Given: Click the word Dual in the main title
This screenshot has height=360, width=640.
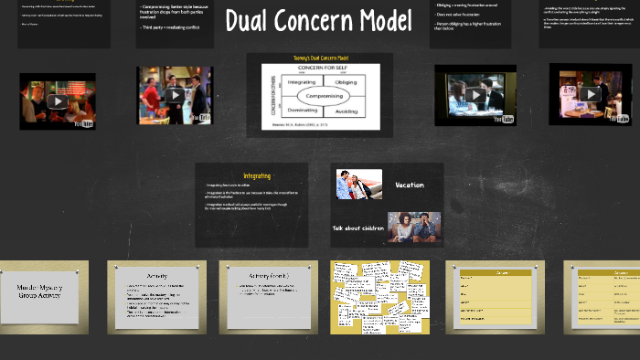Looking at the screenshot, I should (249, 21).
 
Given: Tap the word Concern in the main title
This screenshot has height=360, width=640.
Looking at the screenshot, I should (314, 21).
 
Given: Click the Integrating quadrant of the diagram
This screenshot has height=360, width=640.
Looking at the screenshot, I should (302, 82).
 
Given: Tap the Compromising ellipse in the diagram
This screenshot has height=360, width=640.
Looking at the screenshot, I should (325, 95).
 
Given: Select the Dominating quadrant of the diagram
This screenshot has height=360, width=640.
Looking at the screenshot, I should (301, 111).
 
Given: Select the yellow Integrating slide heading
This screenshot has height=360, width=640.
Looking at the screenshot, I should (257, 175).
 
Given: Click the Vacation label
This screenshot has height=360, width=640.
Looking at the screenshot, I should (409, 185).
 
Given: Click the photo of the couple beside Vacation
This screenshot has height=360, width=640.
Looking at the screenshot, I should (358, 184).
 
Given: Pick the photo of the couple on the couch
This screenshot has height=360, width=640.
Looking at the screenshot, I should (413, 227).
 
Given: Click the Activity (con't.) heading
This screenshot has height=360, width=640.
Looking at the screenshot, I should (269, 276).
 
